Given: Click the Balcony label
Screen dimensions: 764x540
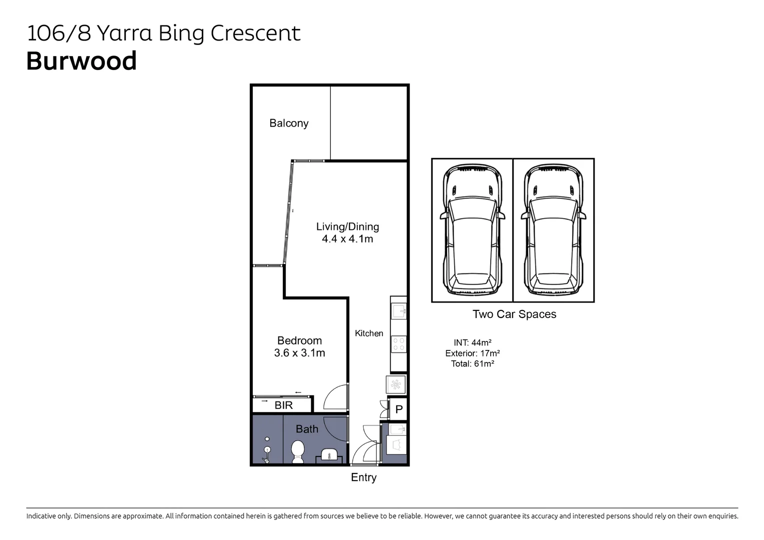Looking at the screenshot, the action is [x=289, y=123].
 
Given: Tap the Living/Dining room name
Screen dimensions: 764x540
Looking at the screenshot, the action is [x=348, y=226].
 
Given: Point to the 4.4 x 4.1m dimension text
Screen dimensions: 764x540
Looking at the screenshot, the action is [x=348, y=239].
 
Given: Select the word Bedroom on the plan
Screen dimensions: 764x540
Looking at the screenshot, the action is [x=299, y=340].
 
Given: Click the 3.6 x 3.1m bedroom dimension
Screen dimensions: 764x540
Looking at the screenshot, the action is [x=299, y=353].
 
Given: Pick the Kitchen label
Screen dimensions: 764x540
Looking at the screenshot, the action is [x=369, y=333].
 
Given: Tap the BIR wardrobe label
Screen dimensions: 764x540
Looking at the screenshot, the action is [x=283, y=405].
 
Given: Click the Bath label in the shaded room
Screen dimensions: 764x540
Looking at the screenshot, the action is [x=307, y=429].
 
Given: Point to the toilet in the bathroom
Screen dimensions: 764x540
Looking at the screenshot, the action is [x=298, y=451].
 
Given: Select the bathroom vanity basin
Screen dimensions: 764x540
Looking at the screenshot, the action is [x=329, y=454].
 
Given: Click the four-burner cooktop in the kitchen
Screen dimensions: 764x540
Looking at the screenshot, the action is [x=399, y=344].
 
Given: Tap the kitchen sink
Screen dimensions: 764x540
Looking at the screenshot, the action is [x=399, y=311].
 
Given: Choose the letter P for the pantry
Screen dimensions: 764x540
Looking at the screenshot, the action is [x=399, y=409].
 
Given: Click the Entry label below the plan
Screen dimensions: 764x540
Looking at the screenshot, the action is [x=364, y=477].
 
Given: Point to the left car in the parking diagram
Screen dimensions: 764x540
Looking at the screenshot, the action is [x=472, y=229].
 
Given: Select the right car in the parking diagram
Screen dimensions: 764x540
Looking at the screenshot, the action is [x=553, y=229].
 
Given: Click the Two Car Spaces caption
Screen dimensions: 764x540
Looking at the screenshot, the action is [x=514, y=314].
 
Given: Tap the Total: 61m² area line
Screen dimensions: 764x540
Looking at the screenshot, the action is [x=472, y=364].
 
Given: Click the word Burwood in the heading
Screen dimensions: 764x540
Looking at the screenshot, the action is [x=81, y=61].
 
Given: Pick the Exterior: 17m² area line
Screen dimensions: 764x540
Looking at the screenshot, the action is [x=472, y=353].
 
